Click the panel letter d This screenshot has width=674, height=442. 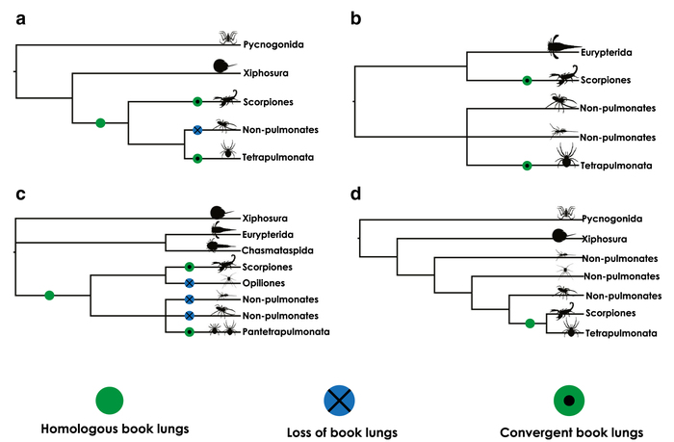point(358,195)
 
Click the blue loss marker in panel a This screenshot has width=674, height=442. point(196,129)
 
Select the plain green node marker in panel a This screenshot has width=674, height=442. point(99,121)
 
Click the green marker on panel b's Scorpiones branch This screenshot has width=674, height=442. point(527,80)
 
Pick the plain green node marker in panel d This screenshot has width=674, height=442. point(529,323)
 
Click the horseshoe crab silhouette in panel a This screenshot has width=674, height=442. point(224,66)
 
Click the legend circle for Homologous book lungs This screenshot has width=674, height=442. point(110,400)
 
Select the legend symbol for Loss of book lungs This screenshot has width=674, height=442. point(338,400)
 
